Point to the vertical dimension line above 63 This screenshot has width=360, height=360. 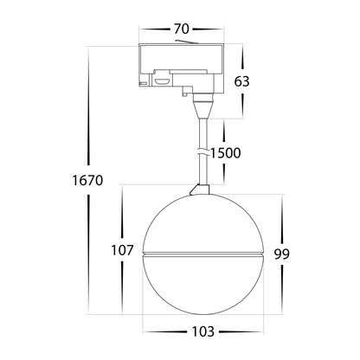[241, 56]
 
